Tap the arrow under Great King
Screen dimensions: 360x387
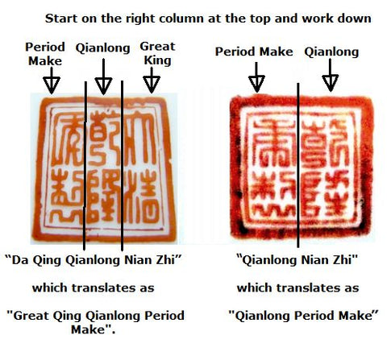[152, 81]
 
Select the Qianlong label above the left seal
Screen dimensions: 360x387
[102, 48]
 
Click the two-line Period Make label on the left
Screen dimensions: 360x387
[45, 53]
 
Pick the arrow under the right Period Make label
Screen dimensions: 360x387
[256, 79]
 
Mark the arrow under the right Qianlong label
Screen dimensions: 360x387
[329, 79]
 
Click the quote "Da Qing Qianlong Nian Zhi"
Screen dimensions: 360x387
[99, 260]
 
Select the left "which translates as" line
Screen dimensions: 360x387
[94, 287]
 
